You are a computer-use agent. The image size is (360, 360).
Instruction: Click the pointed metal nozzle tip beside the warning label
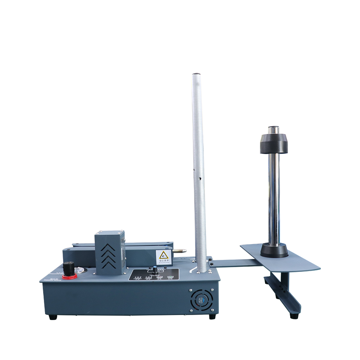tap(184, 249)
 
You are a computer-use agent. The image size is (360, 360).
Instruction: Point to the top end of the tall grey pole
tap(196, 75)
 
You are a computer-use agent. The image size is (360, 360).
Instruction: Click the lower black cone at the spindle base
tap(274, 250)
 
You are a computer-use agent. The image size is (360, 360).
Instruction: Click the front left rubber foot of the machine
tap(53, 318)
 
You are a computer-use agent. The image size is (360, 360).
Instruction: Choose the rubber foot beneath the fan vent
tap(212, 316)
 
